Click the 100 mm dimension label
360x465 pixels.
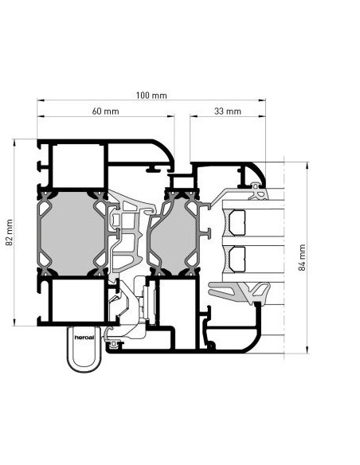coord(151,96)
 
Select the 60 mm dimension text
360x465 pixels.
coord(105,111)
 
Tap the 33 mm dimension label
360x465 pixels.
coord(228,111)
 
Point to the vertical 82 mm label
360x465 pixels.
coord(10,232)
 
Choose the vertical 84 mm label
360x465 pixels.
coord(302,257)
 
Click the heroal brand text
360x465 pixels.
coord(84,338)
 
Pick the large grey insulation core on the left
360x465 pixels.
coord(72,233)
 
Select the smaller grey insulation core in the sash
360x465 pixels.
coord(174,235)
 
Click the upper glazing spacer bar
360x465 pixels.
coord(237,223)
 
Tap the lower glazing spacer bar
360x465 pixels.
coord(237,260)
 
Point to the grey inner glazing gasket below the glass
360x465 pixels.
coord(240,291)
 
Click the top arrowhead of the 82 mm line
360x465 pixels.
coord(14,143)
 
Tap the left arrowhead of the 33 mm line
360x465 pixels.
coord(194,116)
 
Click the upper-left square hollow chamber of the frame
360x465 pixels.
coord(79,166)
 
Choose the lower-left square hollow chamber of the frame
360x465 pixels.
coord(79,300)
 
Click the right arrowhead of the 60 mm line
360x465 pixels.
coord(170,116)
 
